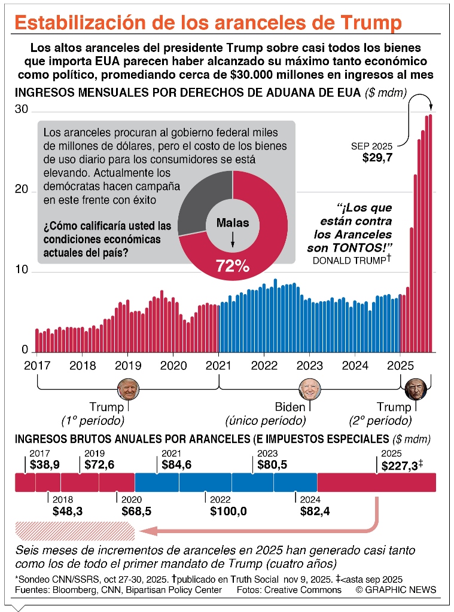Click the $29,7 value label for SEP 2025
[x=377, y=158]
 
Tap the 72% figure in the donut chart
[x=233, y=267]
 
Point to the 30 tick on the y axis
[x=21, y=109]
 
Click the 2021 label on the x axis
[x=219, y=365]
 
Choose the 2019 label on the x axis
[x=127, y=365]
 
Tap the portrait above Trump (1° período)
[x=128, y=389]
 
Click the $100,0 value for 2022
[x=228, y=511]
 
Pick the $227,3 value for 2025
[x=396, y=466]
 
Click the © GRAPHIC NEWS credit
[x=395, y=590]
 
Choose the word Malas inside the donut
[x=233, y=223]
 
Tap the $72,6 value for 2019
[x=100, y=464]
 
